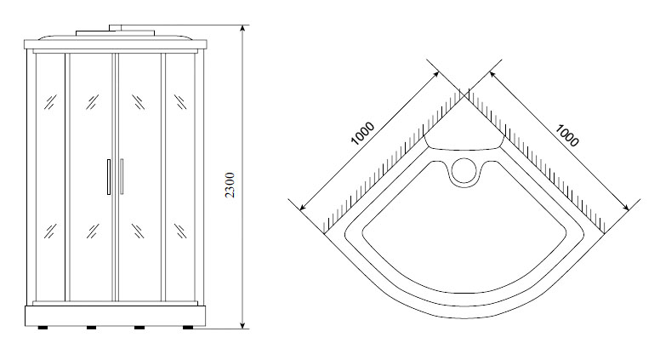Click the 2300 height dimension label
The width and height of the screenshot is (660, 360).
pyautogui.click(x=230, y=185)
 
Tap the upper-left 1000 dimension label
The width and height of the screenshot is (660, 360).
pyautogui.click(x=362, y=133)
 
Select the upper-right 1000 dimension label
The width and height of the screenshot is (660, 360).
pyautogui.click(x=567, y=135)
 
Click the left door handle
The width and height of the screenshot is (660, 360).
pyautogui.click(x=109, y=177)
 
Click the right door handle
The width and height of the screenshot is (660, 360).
pyautogui.click(x=122, y=176)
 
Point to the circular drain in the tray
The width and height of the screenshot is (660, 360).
pyautogui.click(x=464, y=170)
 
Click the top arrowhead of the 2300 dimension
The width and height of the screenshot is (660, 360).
pyautogui.click(x=242, y=29)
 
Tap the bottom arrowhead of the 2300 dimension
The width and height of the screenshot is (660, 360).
pyautogui.click(x=242, y=323)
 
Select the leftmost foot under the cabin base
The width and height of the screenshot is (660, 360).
pyautogui.click(x=43, y=327)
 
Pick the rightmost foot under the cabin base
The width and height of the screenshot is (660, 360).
pyautogui.click(x=188, y=327)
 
